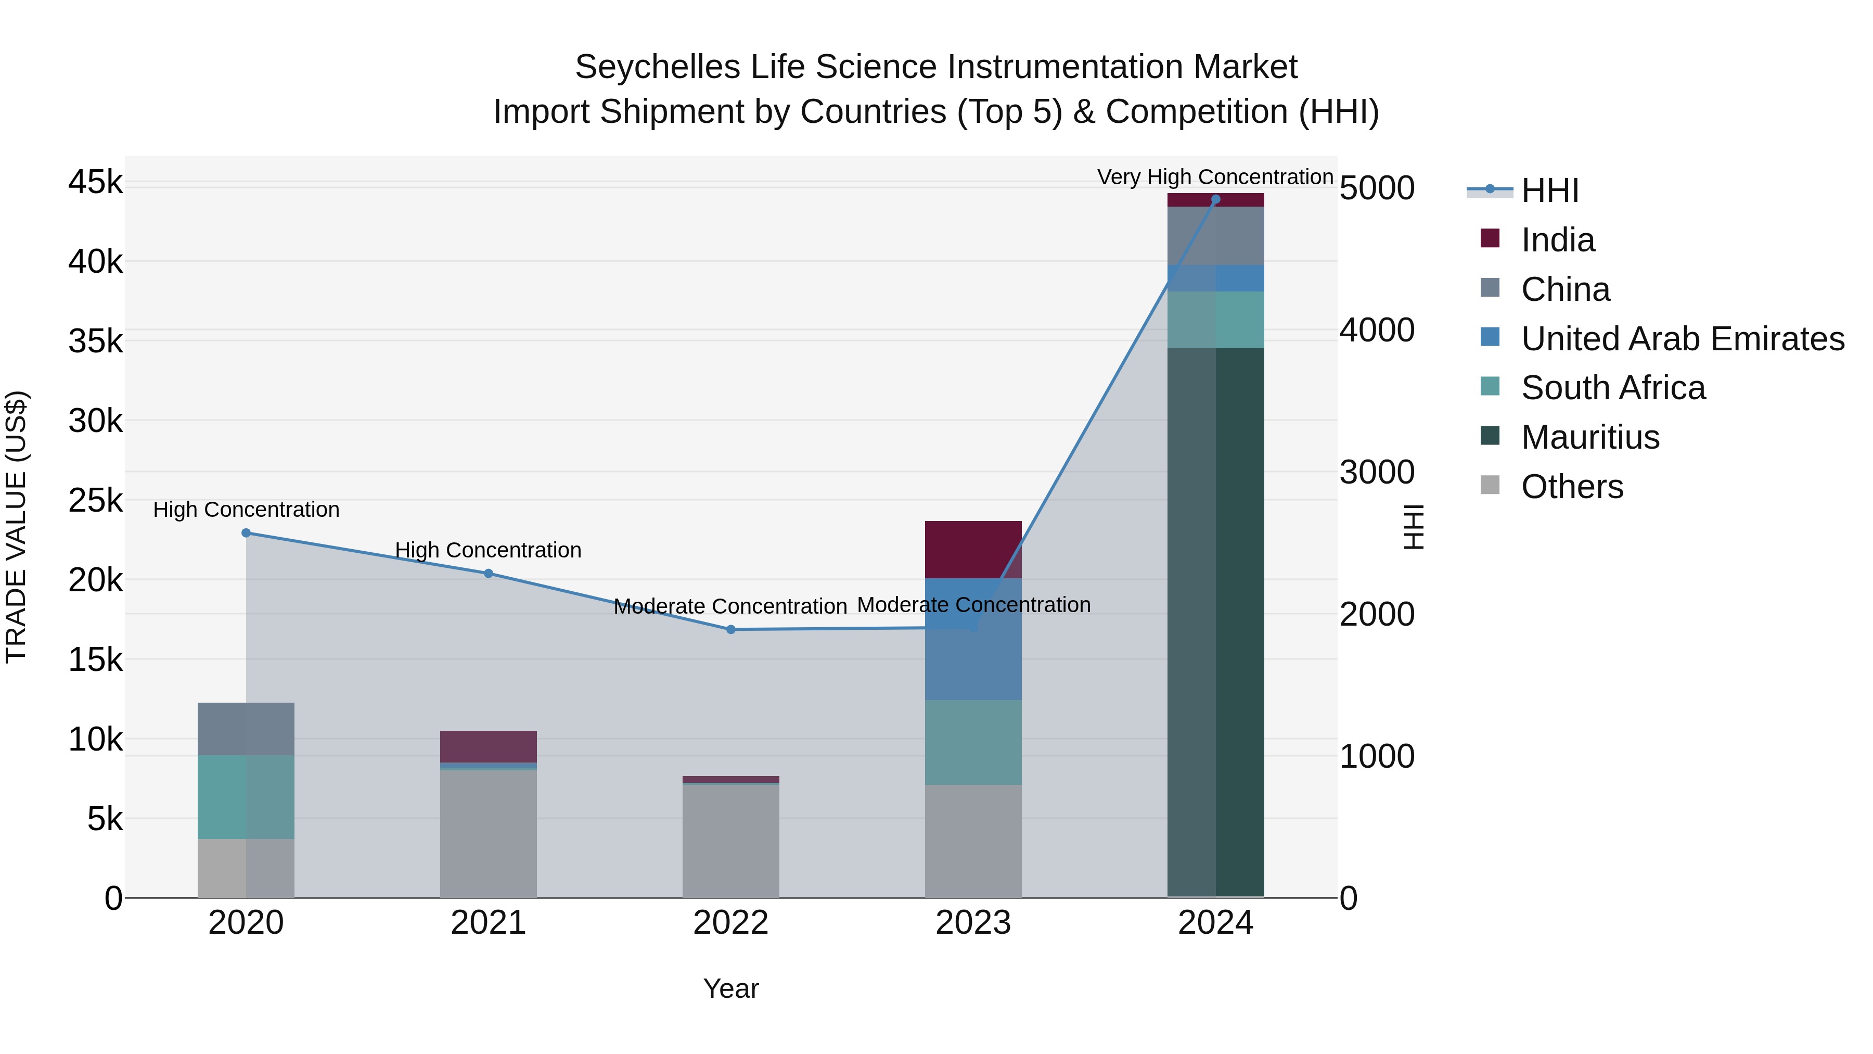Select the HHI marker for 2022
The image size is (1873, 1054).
tap(731, 629)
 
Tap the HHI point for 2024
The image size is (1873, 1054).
tap(1216, 199)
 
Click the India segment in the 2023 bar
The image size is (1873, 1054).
tap(973, 549)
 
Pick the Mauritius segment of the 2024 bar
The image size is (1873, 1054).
tap(1216, 622)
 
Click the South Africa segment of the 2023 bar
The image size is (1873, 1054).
tap(973, 742)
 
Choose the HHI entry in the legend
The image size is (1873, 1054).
tap(1549, 191)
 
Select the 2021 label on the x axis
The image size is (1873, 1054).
tap(489, 923)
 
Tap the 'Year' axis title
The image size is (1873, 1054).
tap(731, 988)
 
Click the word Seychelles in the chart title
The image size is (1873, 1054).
tap(657, 68)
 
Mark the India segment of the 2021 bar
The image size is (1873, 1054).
tap(489, 746)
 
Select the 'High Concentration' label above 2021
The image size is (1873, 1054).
tap(488, 550)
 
